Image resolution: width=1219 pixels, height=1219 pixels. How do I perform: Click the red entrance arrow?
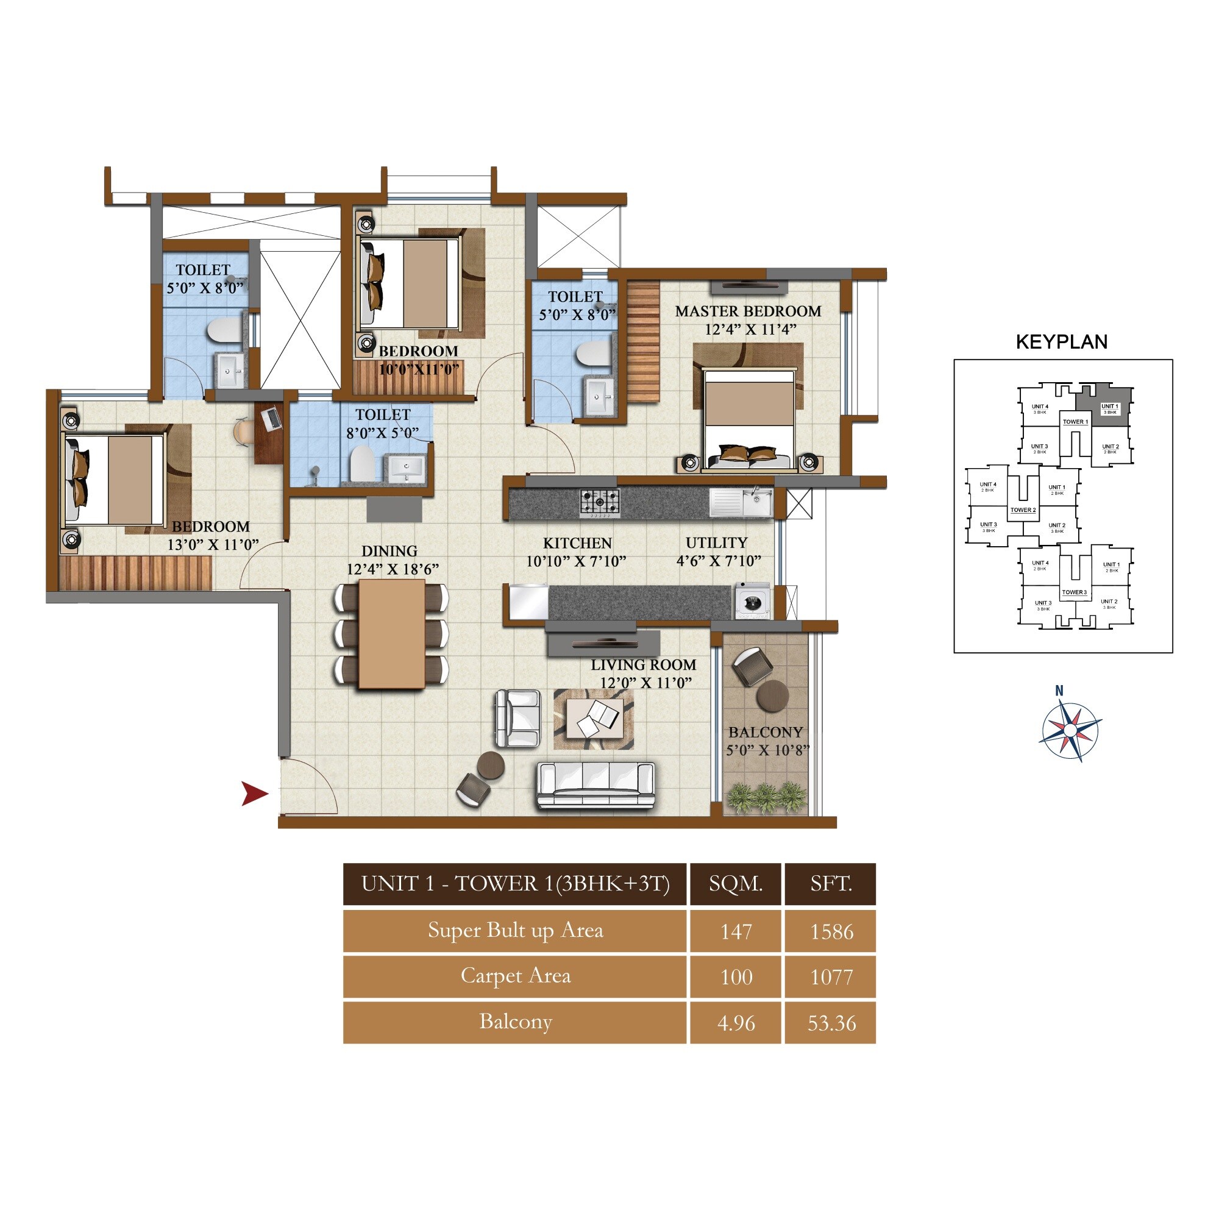click(255, 794)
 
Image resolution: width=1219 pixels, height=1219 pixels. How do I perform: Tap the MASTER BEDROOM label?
click(748, 311)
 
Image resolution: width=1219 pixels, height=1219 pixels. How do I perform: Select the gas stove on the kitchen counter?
click(599, 503)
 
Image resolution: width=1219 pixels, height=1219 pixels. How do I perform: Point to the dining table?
click(391, 633)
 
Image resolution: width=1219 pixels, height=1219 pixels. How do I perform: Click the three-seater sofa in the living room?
click(595, 785)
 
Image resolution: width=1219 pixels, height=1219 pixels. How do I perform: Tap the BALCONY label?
click(766, 732)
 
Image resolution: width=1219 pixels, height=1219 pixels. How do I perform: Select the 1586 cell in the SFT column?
click(831, 931)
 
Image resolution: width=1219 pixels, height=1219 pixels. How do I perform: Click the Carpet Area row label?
click(515, 976)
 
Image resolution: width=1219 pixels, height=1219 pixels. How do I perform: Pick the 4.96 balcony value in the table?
click(736, 1022)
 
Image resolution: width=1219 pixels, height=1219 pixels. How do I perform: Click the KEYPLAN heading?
click(1061, 342)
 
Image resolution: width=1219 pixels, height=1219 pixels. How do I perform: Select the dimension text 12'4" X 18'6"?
click(392, 569)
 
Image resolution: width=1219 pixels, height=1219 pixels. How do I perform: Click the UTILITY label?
click(716, 542)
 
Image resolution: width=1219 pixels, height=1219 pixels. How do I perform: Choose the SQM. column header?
click(735, 884)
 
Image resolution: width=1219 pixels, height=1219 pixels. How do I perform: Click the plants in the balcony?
click(766, 797)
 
